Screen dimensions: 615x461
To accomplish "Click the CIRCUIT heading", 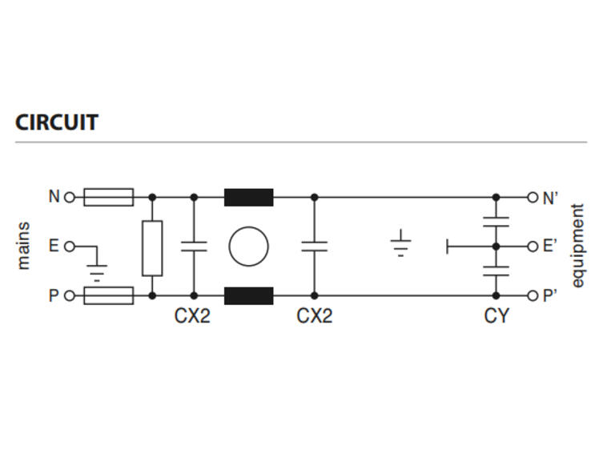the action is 57,122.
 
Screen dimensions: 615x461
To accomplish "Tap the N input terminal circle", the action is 70,197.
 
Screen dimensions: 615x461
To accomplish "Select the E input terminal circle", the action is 70,247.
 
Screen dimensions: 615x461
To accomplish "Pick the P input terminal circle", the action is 70,295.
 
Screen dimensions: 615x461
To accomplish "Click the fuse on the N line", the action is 109,197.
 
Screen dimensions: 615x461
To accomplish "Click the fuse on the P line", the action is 109,295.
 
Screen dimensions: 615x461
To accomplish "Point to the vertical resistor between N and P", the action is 152,248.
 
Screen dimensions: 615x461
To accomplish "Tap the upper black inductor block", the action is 249,197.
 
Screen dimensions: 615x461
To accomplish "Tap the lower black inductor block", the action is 249,295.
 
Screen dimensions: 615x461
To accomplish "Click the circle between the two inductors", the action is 249,227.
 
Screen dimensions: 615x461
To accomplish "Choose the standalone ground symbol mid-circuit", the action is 400,243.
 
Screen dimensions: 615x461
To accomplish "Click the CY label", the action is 496,315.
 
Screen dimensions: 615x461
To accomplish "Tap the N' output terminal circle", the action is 533,197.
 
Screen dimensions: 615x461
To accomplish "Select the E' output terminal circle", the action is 533,247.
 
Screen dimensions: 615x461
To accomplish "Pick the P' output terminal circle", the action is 533,295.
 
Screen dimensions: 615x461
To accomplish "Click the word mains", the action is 23,246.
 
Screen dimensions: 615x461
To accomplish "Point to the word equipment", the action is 577,246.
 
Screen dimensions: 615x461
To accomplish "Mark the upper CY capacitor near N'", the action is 496,222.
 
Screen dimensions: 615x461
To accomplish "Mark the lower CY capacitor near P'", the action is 496,271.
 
